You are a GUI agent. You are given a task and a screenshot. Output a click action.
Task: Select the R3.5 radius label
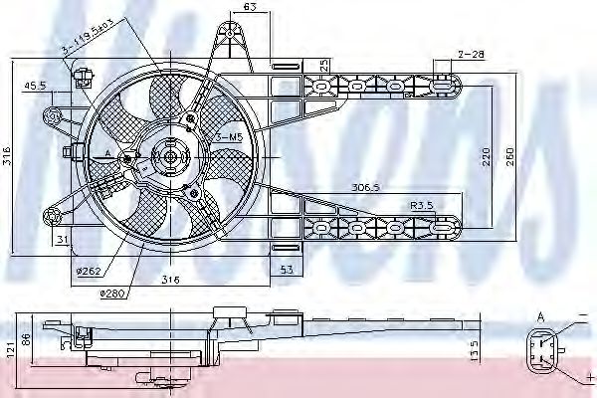(x=423, y=204)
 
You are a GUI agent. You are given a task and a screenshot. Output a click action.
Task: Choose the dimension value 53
(x=285, y=270)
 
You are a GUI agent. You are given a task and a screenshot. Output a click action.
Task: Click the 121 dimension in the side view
(x=9, y=350)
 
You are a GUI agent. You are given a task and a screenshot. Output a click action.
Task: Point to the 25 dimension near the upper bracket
(x=324, y=66)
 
